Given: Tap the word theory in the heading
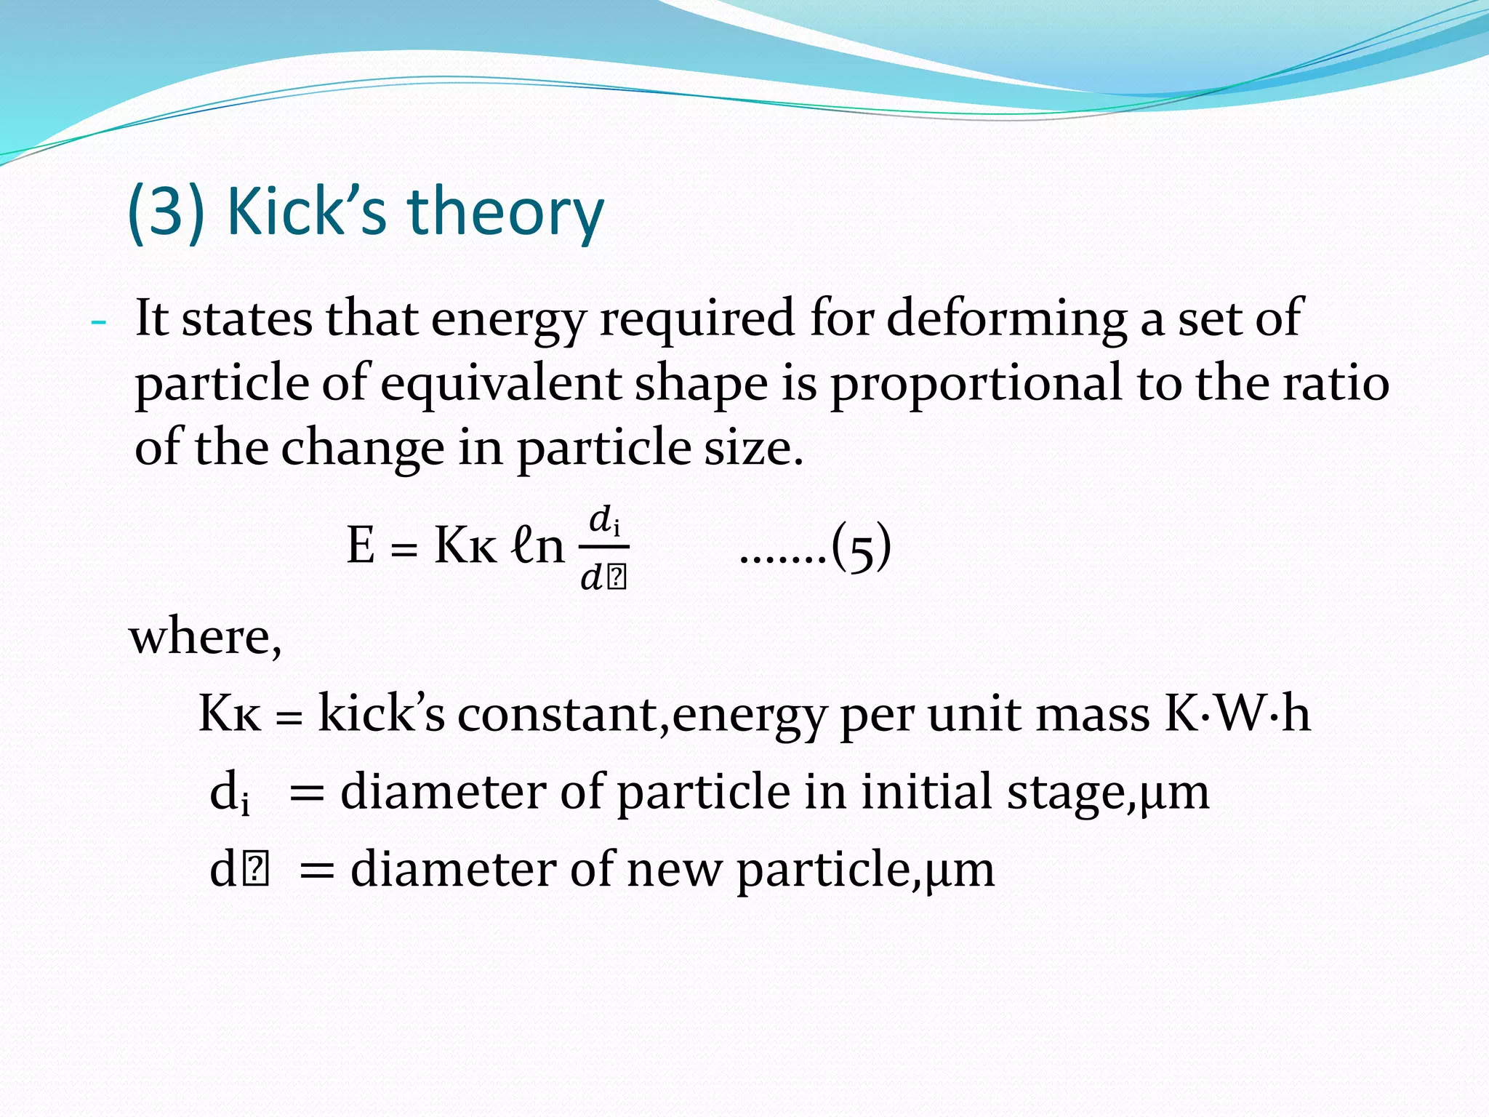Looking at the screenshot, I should pos(505,212).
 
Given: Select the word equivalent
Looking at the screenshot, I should pos(500,383).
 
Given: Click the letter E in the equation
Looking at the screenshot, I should pos(361,545).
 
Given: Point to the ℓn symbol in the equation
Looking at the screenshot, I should pos(538,545).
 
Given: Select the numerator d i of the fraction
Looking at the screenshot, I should pos(604,521).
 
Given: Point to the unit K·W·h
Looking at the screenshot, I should pos(1237,713).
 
